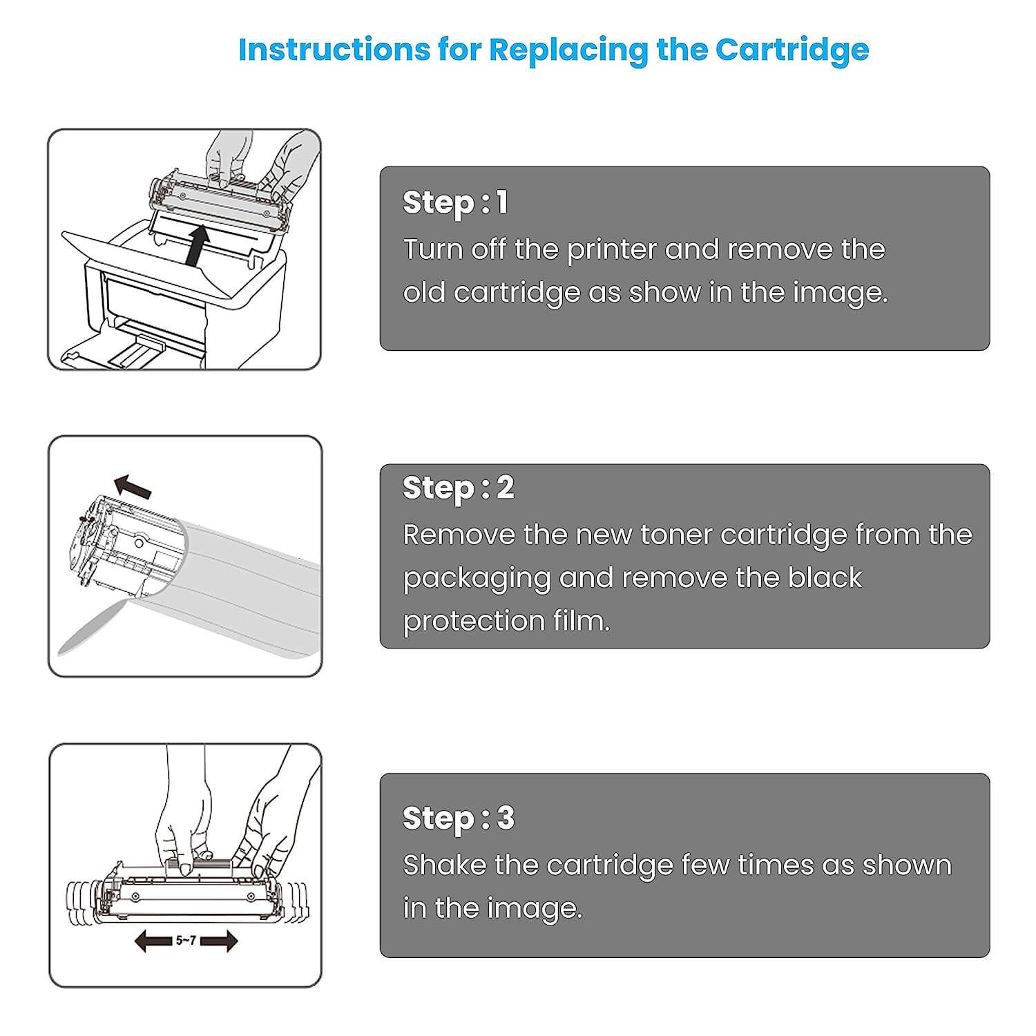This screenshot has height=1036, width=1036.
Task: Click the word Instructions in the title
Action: click(334, 50)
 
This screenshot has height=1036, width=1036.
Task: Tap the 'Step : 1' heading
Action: click(456, 202)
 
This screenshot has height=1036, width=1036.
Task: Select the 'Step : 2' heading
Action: click(459, 488)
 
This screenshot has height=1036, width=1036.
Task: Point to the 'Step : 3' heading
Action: click(459, 818)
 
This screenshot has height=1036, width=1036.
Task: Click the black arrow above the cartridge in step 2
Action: click(133, 486)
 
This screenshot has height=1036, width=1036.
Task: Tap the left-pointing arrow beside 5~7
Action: click(152, 941)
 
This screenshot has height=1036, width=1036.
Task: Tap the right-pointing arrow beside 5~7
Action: click(220, 941)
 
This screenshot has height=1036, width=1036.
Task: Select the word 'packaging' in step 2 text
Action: click(477, 579)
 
